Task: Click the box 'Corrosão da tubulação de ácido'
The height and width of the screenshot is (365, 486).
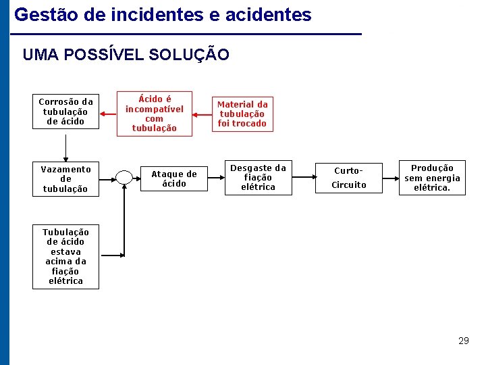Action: pos(65,112)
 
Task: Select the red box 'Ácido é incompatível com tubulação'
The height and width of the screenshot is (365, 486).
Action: pos(154,114)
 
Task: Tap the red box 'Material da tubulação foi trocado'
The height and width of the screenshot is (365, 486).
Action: pos(242,114)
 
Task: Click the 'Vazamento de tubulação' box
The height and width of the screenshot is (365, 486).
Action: pos(65,178)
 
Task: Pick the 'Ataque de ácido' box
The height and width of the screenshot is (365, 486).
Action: pos(173,178)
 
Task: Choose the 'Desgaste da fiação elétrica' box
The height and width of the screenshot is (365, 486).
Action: pos(258,178)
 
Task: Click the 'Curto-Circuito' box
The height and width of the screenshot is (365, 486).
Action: pos(350,178)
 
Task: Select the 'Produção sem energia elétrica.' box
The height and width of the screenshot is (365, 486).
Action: pos(432,178)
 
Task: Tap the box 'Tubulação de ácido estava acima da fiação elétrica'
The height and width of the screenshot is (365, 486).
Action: pos(65,257)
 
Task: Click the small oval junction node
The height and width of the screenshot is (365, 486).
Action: pos(124,178)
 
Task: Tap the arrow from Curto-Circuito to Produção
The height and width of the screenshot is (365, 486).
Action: pos(391,178)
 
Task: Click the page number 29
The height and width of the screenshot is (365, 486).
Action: pos(463,341)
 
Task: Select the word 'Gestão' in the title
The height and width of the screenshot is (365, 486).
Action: pos(40,14)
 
